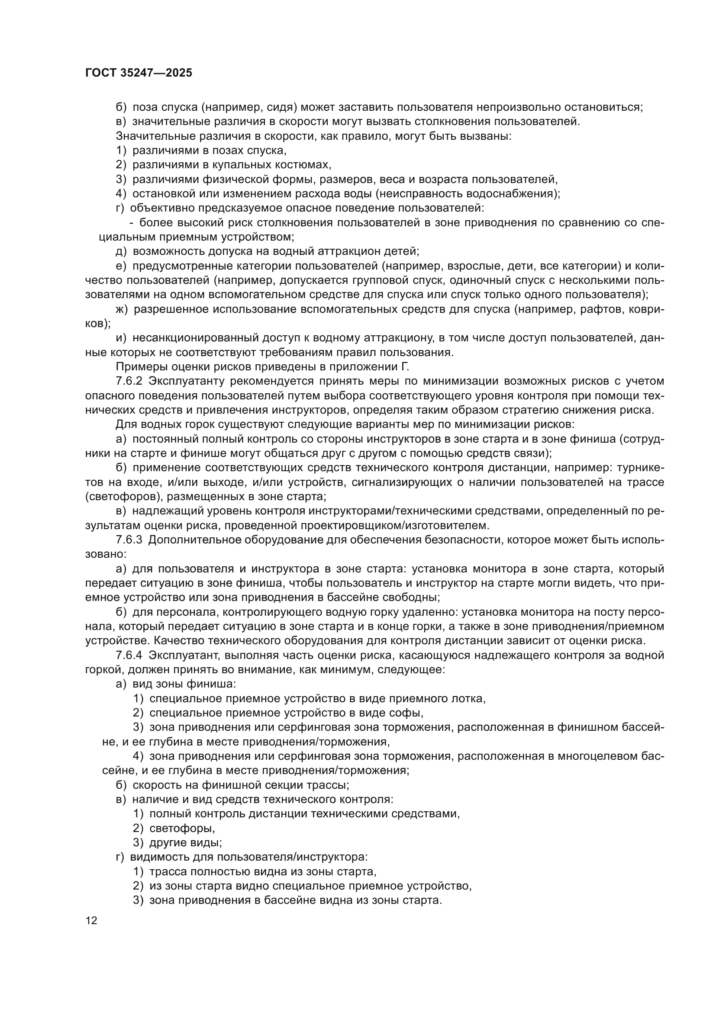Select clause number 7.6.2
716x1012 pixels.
[x=129, y=381]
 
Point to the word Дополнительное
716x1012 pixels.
[x=194, y=540]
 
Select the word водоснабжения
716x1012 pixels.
[x=509, y=193]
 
